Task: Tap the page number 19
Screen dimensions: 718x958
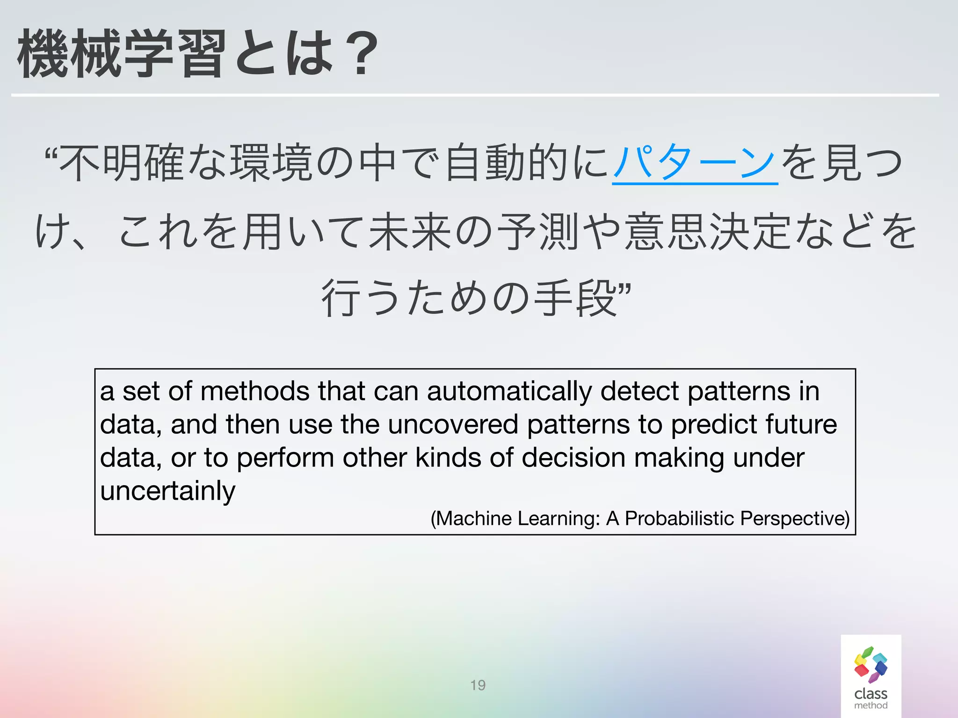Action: (478, 685)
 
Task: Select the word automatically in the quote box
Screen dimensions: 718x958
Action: (509, 391)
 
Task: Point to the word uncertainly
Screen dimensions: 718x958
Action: (167, 491)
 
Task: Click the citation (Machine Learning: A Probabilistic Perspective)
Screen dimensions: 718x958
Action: (639, 518)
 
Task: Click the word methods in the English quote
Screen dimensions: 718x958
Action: (254, 391)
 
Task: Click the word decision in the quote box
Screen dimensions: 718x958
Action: (573, 458)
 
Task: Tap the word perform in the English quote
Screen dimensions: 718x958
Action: (285, 458)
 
